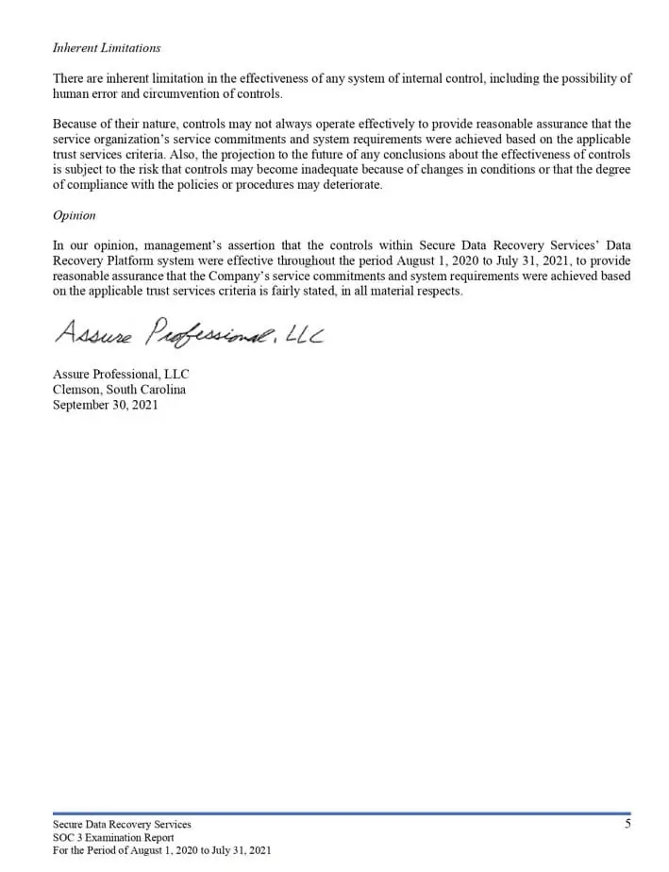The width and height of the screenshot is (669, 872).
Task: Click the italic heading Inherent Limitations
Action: (107, 48)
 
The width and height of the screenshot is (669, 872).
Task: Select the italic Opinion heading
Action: (75, 215)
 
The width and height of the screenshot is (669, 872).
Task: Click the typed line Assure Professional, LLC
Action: (121, 374)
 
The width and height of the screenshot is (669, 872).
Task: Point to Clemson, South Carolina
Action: (119, 389)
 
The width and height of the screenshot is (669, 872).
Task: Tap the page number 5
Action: (627, 824)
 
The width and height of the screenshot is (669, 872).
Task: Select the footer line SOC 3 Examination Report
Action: (113, 837)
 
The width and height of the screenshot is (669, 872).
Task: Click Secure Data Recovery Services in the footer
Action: (122, 824)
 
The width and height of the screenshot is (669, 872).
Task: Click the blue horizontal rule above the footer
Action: (342, 813)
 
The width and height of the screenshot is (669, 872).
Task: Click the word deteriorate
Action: (352, 185)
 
